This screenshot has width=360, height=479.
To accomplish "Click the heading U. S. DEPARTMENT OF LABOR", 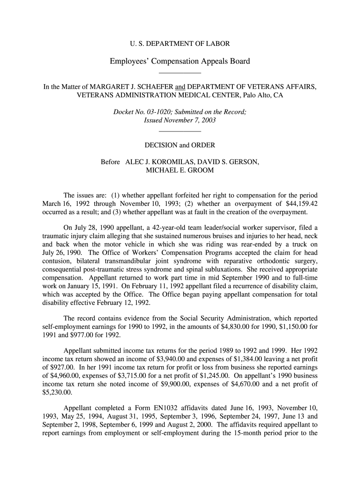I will pos(180,44).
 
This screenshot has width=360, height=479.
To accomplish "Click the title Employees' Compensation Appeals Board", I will pos(180,61).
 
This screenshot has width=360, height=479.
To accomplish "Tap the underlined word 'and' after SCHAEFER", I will pos(180,87).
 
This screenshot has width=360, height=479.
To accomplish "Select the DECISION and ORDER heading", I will pos(180,145).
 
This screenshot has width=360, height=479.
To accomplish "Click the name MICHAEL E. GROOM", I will pos(180,170).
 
